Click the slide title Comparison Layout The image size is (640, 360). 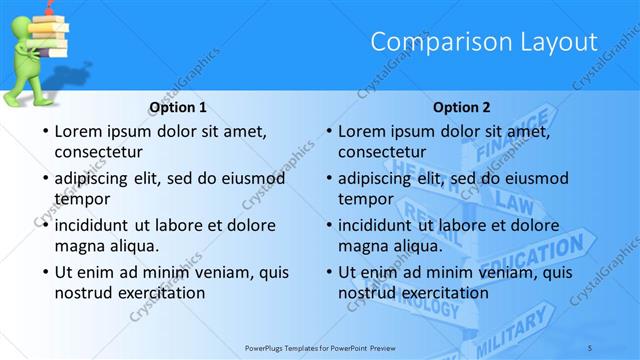[x=484, y=42]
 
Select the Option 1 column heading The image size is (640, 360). [x=178, y=107]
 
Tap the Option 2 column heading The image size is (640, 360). [x=463, y=107]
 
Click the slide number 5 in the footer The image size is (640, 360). [x=591, y=347]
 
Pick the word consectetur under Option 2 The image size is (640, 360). [x=381, y=153]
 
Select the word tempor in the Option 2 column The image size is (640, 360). [x=365, y=199]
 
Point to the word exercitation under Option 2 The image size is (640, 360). [x=445, y=293]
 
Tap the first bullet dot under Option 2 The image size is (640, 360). [x=328, y=132]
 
